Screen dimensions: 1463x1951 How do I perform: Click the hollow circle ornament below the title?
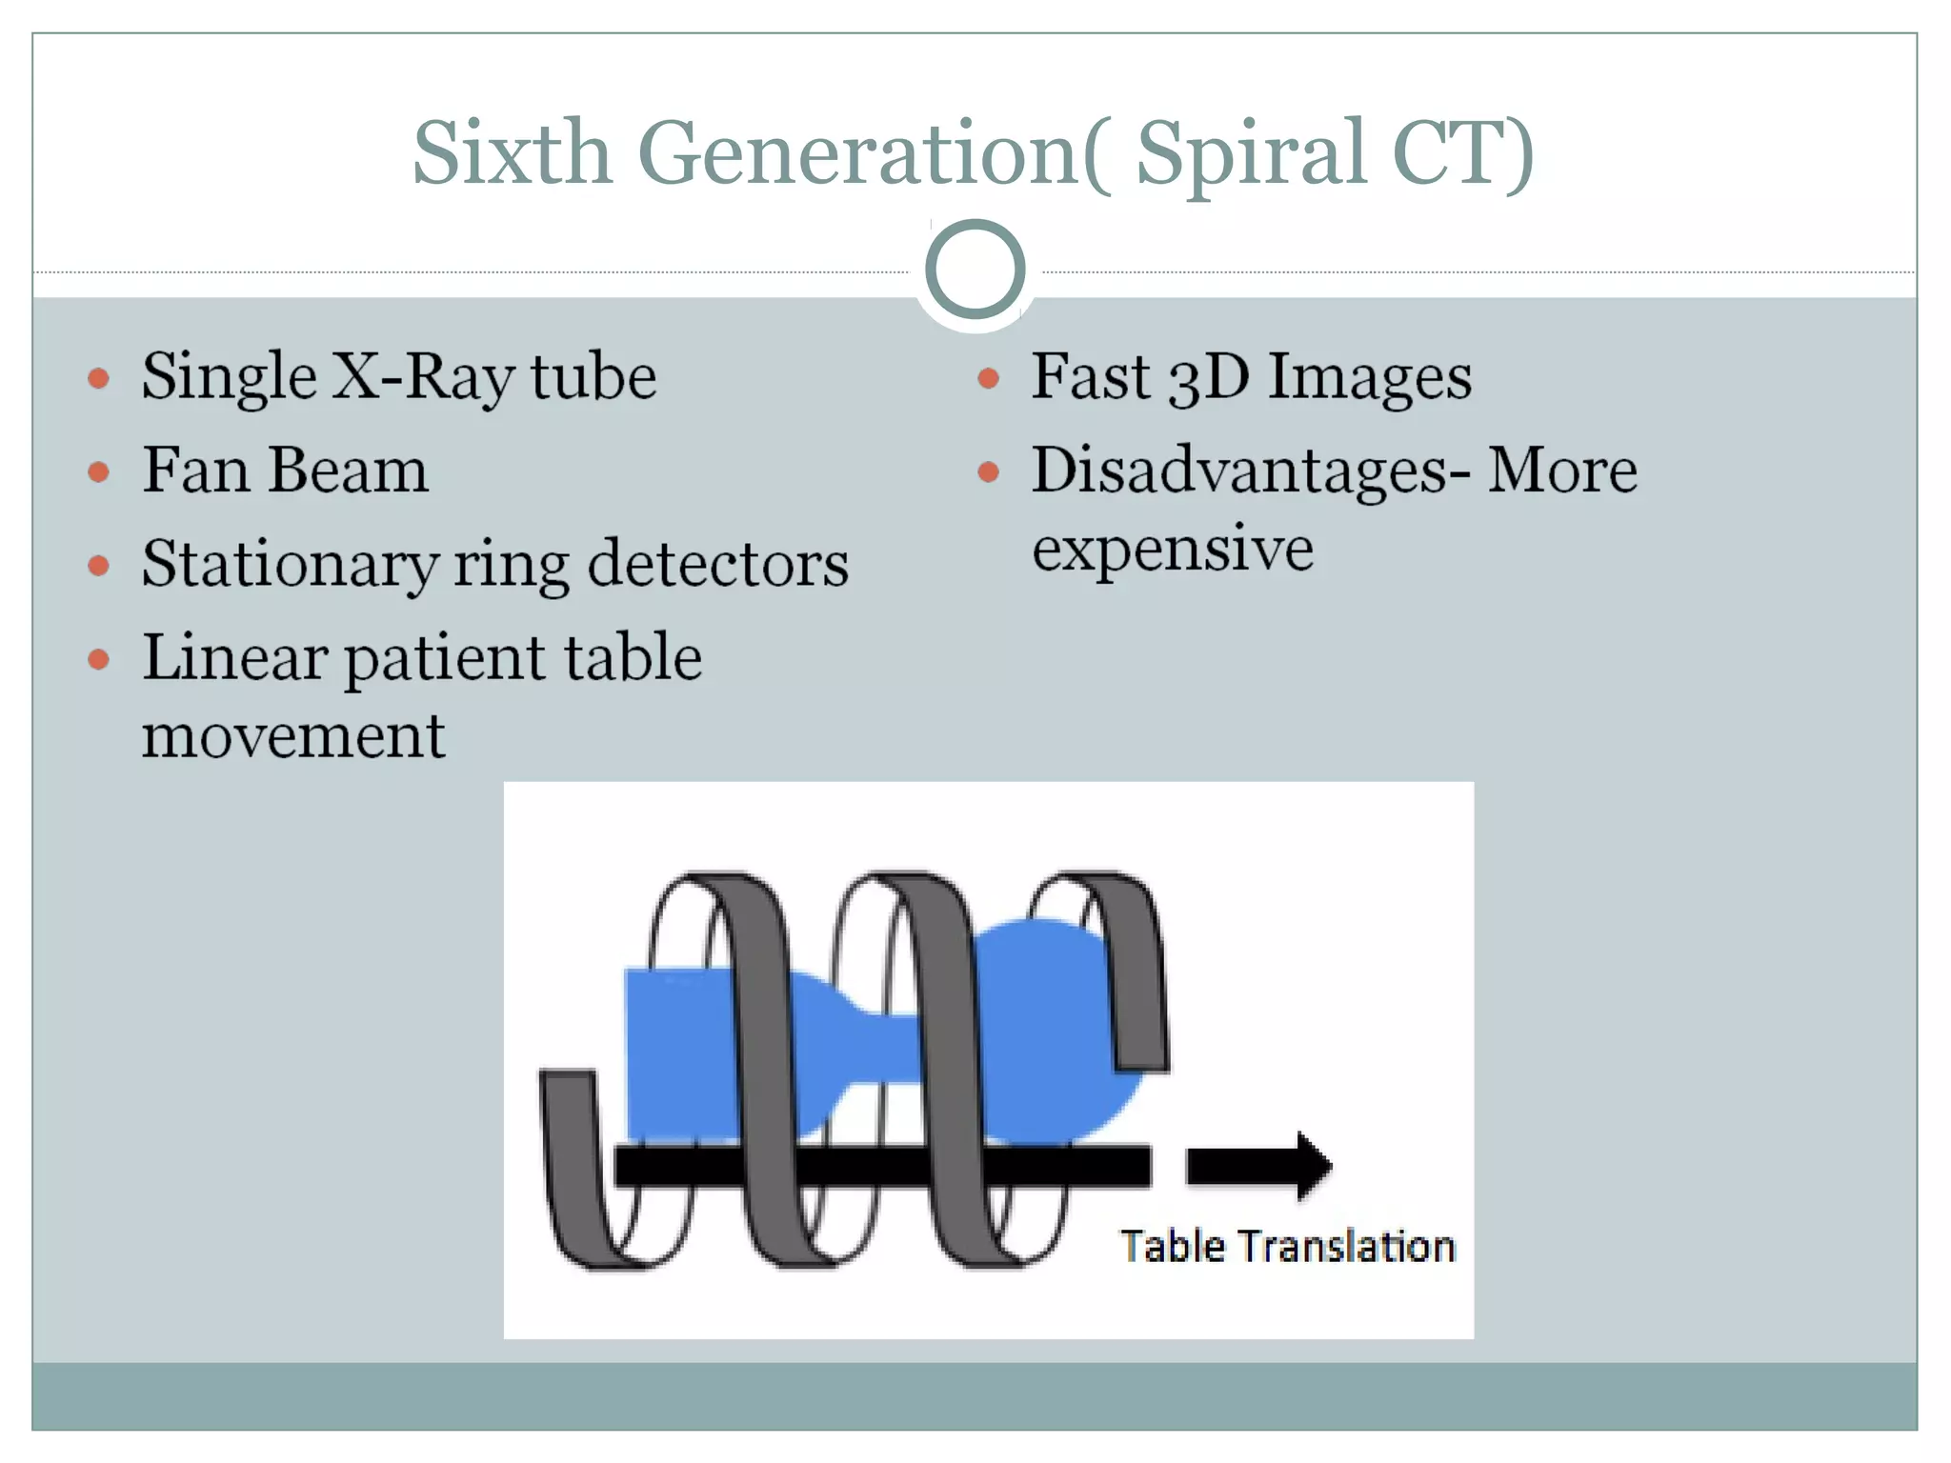pyautogui.click(x=975, y=270)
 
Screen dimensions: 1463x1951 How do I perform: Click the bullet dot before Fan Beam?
pyautogui.click(x=98, y=471)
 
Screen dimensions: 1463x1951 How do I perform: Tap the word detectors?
pyautogui.click(x=717, y=564)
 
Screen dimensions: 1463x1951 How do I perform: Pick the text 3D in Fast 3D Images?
pyautogui.click(x=1208, y=377)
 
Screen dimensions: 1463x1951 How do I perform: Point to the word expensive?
pyautogui.click(x=1173, y=550)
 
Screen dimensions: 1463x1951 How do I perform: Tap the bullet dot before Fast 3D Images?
pyautogui.click(x=988, y=378)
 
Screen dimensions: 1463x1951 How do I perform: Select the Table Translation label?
pyautogui.click(x=1287, y=1247)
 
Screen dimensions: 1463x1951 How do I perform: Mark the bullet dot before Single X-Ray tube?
pyautogui.click(x=98, y=378)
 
